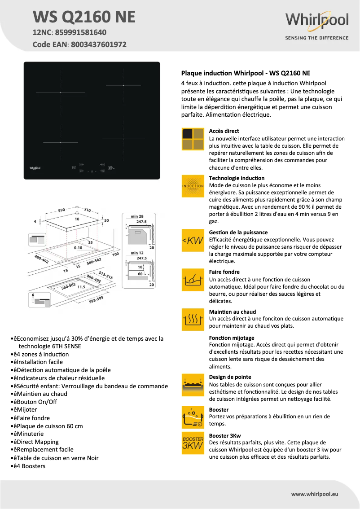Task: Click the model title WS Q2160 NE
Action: point(84,17)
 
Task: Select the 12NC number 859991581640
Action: point(81,32)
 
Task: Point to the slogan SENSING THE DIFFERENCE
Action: point(316,38)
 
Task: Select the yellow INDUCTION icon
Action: point(193,186)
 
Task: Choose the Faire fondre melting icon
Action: point(193,280)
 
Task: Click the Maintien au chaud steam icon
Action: point(193,320)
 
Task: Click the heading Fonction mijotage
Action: point(232,338)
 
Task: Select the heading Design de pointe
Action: point(230,377)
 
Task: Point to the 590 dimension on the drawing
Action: point(61,210)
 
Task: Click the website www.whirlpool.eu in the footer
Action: point(314,494)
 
